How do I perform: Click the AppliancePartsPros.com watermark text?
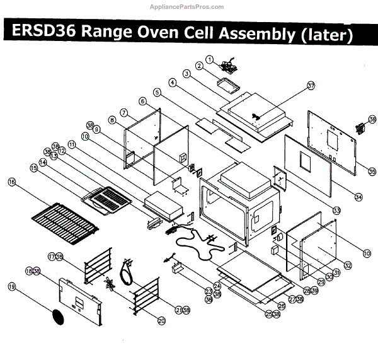(x=189, y=7)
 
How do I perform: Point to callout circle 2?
(x=198, y=66)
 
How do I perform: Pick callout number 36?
(x=372, y=119)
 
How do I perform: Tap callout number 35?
(x=372, y=171)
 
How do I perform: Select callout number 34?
(x=358, y=197)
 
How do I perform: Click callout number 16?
(x=11, y=182)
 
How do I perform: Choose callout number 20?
(x=161, y=321)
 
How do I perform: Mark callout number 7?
(x=124, y=112)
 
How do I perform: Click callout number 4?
(x=171, y=82)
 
